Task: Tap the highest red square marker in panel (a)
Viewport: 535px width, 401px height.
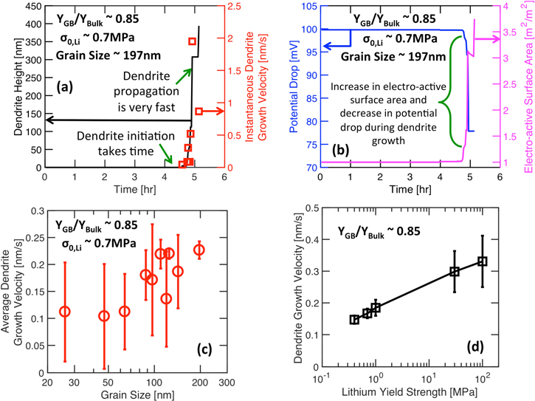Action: point(193,42)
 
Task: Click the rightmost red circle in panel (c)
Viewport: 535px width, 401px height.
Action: point(199,250)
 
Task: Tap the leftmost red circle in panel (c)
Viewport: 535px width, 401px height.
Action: point(64,312)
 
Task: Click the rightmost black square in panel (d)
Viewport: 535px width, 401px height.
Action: point(483,261)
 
